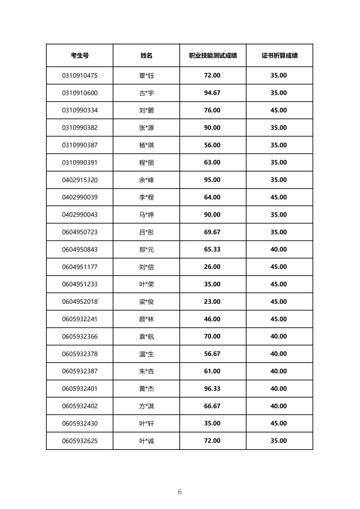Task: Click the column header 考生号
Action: pos(80,56)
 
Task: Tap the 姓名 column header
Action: pos(146,56)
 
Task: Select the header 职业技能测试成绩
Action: pos(213,56)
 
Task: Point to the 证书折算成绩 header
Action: pos(279,56)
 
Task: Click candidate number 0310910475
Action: pos(80,76)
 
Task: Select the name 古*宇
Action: pos(146,93)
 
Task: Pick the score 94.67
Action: pos(212,93)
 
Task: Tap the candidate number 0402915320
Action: pos(80,180)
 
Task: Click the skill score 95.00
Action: pos(212,180)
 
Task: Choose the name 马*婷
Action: pos(146,215)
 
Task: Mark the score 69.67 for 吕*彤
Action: pos(212,232)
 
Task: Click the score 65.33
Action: pos(212,250)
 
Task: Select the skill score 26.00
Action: pos(212,267)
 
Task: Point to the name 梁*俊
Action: pos(146,302)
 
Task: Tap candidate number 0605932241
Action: pos(80,319)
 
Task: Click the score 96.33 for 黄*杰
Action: pos(212,389)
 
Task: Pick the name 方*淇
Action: pos(146,406)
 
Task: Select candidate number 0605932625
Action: pos(80,441)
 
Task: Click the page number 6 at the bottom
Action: pos(180,492)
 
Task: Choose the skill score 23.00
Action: pos(212,302)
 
